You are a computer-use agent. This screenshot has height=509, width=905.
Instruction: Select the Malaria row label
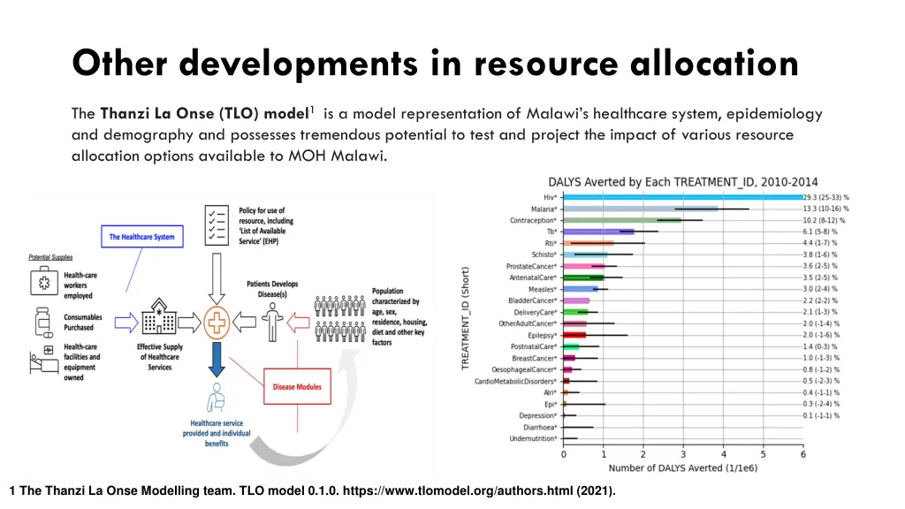pos(536,209)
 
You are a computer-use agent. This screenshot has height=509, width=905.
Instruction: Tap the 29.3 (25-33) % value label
pos(826,196)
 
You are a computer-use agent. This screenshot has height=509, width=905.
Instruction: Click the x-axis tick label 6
pos(802,454)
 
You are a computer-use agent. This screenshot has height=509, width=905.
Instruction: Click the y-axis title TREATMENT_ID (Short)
pos(465,318)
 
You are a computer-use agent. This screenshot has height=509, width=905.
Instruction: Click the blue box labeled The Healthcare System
pos(141,237)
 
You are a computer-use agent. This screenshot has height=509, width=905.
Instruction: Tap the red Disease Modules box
pos(297,386)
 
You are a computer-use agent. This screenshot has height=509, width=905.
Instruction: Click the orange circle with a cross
pos(216,323)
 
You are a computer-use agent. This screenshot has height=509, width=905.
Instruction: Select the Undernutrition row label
pos(533,438)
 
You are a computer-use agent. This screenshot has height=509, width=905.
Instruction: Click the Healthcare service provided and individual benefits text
pos(217,433)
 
